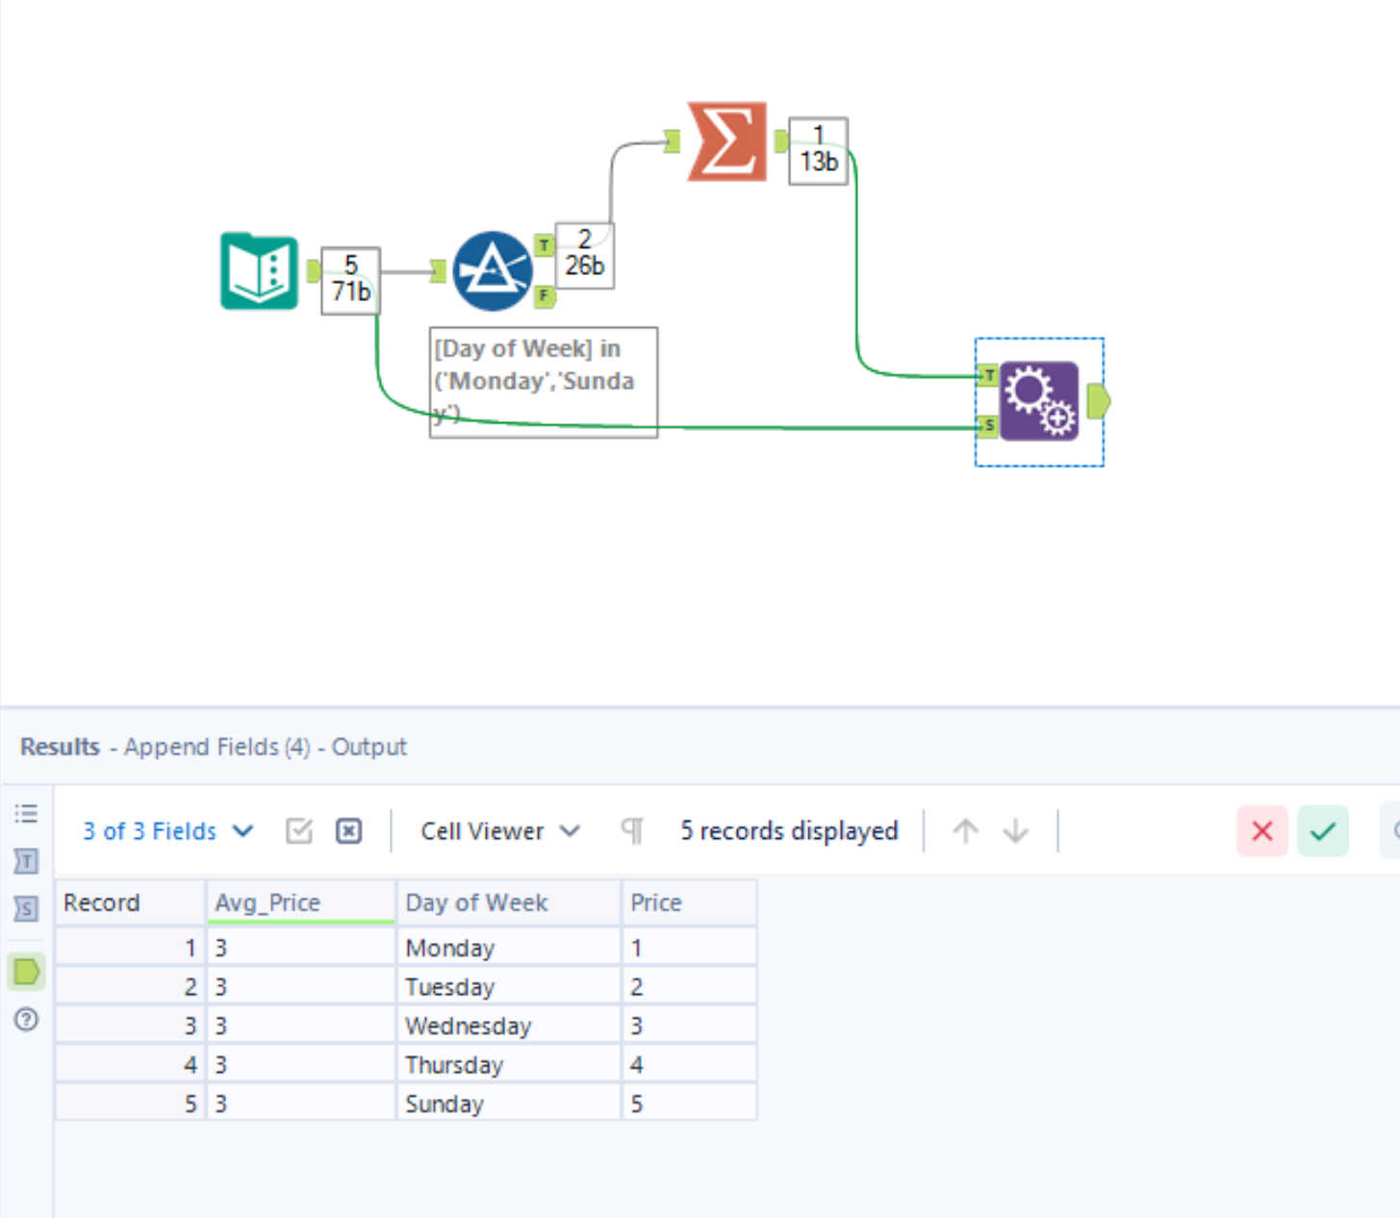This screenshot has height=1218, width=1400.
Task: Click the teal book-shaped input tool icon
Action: (259, 271)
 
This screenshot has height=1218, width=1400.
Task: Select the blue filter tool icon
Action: (492, 271)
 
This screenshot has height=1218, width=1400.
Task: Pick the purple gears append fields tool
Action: (1039, 401)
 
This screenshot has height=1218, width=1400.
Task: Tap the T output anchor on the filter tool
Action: (545, 245)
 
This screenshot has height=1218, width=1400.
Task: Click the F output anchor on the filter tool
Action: (545, 296)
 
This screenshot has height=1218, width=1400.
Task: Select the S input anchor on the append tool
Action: (988, 425)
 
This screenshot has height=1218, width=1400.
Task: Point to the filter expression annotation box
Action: (543, 382)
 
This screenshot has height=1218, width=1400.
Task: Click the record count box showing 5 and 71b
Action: (350, 280)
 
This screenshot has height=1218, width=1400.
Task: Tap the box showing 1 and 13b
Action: (818, 151)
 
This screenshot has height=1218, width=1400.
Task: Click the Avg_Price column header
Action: (267, 902)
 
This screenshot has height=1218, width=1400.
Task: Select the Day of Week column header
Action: (476, 902)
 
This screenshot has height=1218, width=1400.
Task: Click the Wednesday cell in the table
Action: (468, 1026)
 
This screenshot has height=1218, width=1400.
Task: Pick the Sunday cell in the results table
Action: (445, 1104)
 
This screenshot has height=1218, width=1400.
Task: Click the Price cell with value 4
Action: (637, 1065)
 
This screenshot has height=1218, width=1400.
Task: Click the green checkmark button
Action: (1323, 831)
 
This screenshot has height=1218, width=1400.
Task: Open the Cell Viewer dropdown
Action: (499, 831)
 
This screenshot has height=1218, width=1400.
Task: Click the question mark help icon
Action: (27, 1019)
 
